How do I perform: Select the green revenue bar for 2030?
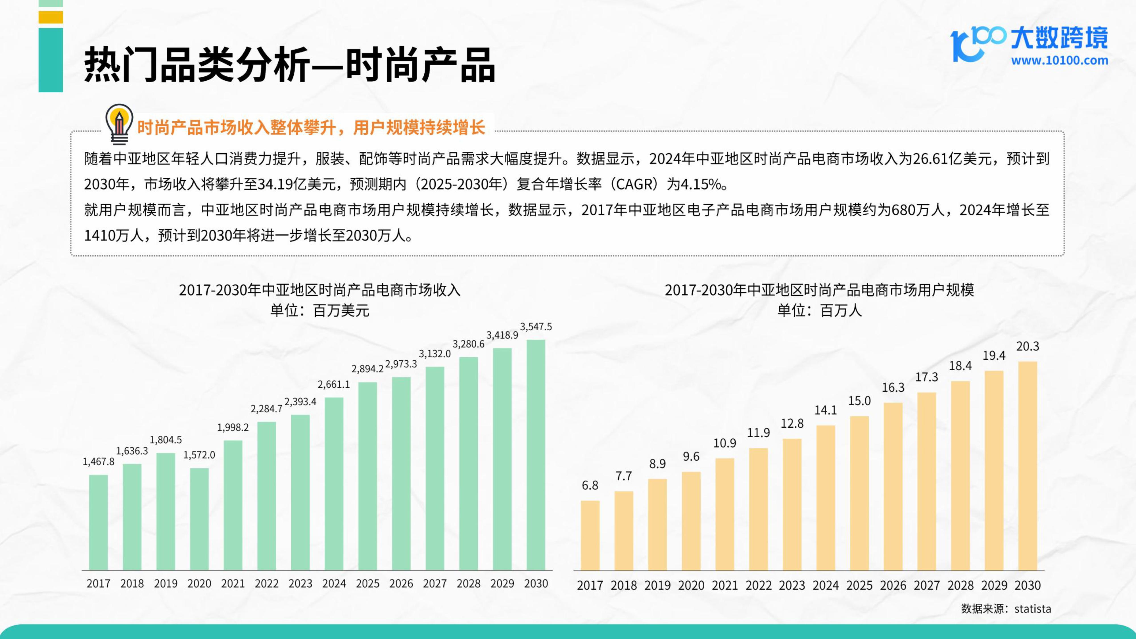click(x=536, y=455)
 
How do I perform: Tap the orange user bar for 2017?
click(x=590, y=535)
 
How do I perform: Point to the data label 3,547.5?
click(x=536, y=327)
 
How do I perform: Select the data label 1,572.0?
click(x=199, y=455)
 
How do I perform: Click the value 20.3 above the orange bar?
click(x=1028, y=346)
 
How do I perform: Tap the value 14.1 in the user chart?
click(x=826, y=410)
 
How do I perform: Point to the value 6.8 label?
click(x=590, y=486)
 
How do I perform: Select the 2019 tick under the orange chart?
click(x=657, y=585)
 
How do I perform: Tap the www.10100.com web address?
click(x=1059, y=60)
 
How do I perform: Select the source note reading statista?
click(x=1006, y=609)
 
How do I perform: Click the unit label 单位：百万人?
click(x=819, y=310)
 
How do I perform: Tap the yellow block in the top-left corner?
click(x=51, y=17)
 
